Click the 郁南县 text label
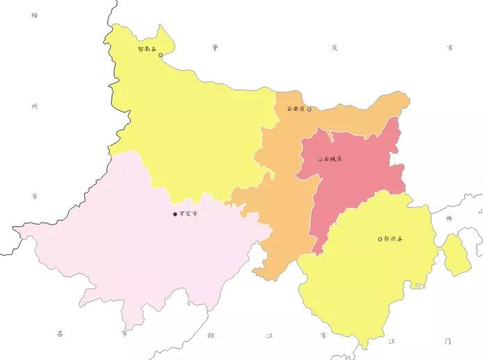(147, 50)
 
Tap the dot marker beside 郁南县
(161, 55)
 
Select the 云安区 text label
(295, 109)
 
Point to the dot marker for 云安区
(309, 109)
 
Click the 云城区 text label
(333, 159)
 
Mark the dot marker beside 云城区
(320, 159)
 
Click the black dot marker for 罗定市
(175, 214)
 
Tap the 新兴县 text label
(393, 239)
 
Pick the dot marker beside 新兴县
(380, 239)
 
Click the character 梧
(35, 15)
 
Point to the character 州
(35, 106)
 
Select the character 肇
(216, 48)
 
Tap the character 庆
(334, 48)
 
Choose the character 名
(60, 334)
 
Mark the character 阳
(211, 335)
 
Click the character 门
(448, 341)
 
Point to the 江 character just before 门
(392, 341)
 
